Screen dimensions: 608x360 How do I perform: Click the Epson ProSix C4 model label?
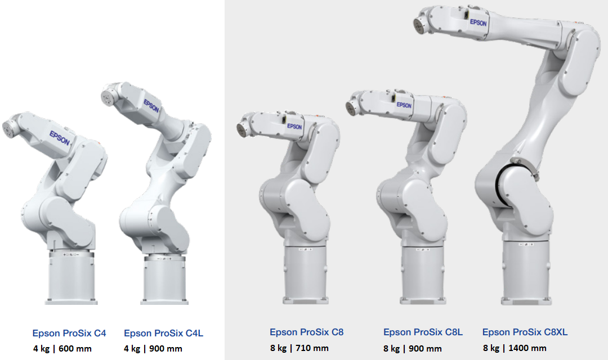tap(69, 333)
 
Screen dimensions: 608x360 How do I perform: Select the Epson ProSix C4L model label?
tap(163, 333)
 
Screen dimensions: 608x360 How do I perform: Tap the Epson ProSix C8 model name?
tap(306, 332)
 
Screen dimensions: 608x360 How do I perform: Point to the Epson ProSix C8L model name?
tap(423, 332)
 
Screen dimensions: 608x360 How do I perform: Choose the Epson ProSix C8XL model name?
tap(525, 332)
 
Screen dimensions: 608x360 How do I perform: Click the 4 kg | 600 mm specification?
tap(62, 349)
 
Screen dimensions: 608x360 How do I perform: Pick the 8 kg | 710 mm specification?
tap(299, 348)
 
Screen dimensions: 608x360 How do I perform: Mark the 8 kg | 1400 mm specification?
tap(515, 348)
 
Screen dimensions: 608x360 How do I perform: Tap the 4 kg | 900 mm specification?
tap(153, 349)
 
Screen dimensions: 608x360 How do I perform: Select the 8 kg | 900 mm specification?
tap(412, 349)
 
